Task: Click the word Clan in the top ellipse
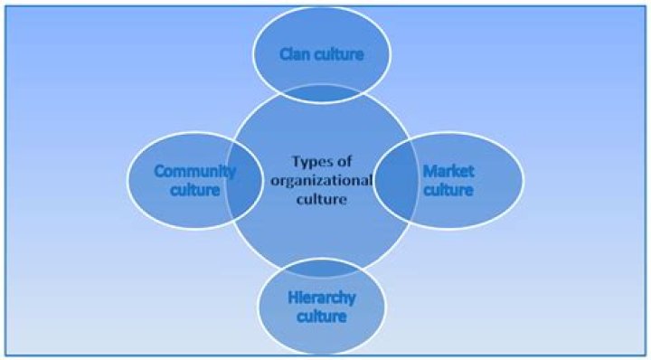point(294,55)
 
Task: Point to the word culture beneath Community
point(197,190)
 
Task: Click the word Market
point(448,171)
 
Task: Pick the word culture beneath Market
point(448,190)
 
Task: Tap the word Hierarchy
point(321,298)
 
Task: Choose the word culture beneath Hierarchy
point(321,317)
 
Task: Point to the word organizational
point(319,181)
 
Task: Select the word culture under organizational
point(320,199)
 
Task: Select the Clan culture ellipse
point(321,36)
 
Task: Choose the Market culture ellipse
point(479,181)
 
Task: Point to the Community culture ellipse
point(163,181)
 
